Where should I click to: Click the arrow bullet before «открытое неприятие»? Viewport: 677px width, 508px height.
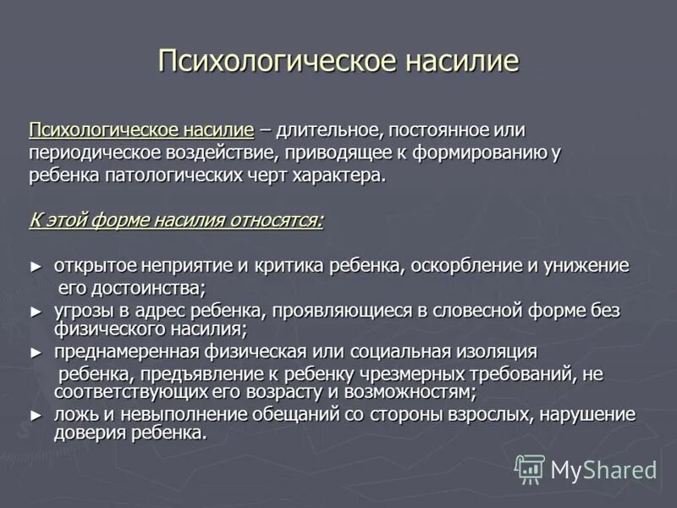35,266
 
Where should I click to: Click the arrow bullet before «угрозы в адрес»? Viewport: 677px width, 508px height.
35,311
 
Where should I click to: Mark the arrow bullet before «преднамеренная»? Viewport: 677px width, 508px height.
35,351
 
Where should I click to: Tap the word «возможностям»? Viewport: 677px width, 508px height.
405,392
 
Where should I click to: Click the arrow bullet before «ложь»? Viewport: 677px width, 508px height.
35,415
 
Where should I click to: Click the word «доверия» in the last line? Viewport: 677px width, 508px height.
90,432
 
